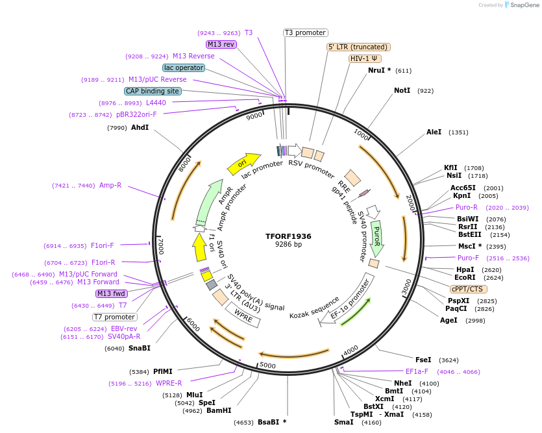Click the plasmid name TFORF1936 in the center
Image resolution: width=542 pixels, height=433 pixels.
tap(288, 236)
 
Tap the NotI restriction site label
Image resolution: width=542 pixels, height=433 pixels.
tap(402, 90)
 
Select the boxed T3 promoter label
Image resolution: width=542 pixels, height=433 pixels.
tap(306, 32)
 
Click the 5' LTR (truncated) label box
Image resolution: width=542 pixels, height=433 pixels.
tap(358, 47)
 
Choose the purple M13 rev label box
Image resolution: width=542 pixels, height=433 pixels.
tap(221, 44)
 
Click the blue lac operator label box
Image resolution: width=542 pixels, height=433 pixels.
tap(184, 68)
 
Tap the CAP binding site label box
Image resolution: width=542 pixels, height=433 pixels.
tap(153, 92)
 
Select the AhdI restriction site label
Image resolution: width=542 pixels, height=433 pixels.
tap(140, 127)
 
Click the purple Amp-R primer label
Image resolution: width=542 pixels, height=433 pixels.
tap(110, 186)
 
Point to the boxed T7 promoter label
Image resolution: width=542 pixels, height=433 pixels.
tap(114, 317)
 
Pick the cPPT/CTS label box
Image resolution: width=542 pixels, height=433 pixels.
tap(468, 289)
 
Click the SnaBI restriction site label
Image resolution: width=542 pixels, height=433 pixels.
tap(139, 349)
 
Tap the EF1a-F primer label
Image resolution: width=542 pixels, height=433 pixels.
tap(417, 371)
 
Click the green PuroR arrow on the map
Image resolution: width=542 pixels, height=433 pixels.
tap(376, 237)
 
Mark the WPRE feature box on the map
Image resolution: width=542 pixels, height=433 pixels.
tap(244, 315)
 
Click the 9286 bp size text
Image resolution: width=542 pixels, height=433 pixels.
tap(288, 245)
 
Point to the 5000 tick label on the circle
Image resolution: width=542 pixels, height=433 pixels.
tap(268, 365)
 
